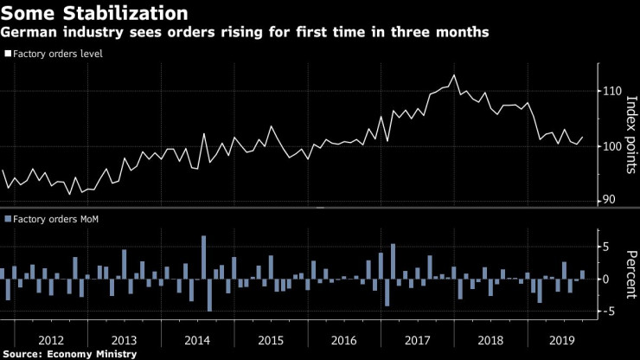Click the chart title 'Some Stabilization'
(94, 13)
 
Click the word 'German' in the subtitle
(30, 33)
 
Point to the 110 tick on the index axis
(611, 91)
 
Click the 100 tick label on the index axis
(611, 145)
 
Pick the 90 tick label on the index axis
(608, 200)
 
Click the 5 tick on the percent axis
(607, 247)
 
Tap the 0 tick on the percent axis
(607, 280)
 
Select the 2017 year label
(419, 339)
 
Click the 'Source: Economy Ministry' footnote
(69, 354)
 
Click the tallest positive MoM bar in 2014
(203, 257)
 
